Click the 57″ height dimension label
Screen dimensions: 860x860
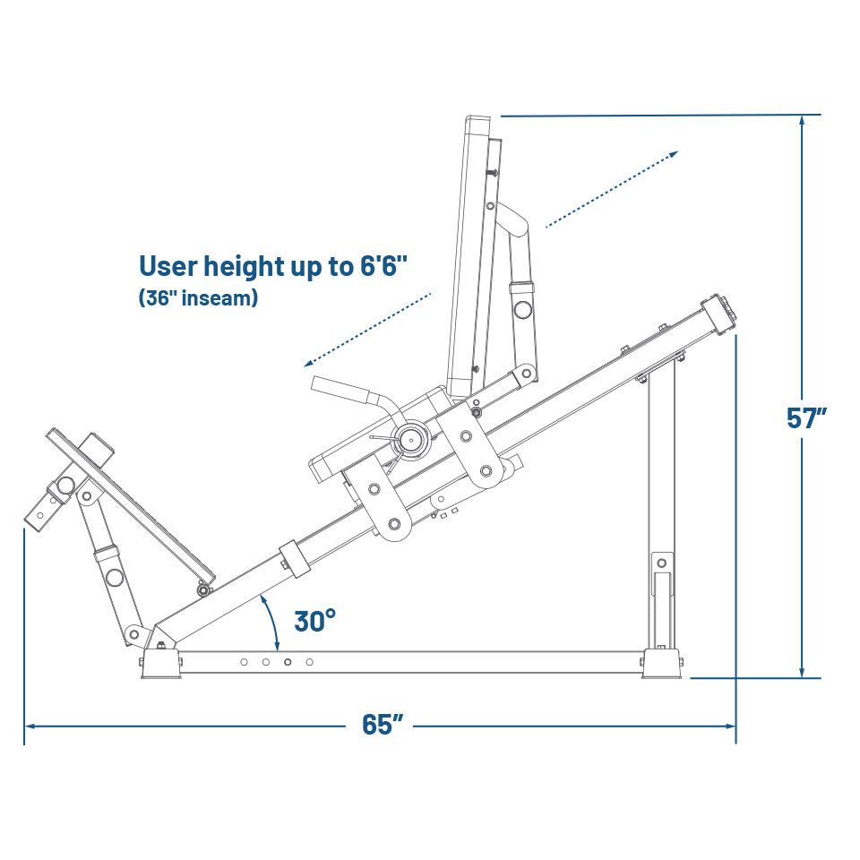pos(806,418)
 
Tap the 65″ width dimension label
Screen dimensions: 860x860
pos(383,725)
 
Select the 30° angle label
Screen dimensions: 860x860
pos(315,620)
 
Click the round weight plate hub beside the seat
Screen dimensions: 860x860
pos(413,439)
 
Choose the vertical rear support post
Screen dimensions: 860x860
pos(662,502)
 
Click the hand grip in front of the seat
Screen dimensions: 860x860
pos(340,389)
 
